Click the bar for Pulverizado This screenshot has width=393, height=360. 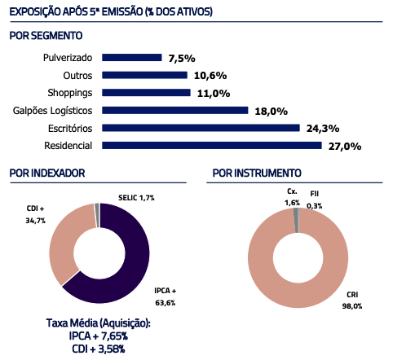click(x=132, y=58)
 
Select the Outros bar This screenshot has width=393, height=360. click(x=144, y=75)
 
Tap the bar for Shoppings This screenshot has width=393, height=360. click(x=146, y=93)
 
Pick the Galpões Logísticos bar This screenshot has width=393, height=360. click(x=175, y=110)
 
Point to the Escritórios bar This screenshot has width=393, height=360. click(x=201, y=128)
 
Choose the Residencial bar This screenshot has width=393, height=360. click(x=212, y=146)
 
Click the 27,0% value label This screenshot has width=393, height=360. click(x=345, y=147)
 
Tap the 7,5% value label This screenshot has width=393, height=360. click(x=182, y=59)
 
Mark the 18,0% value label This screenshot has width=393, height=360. click(x=272, y=112)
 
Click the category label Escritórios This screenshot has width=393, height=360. click(x=70, y=129)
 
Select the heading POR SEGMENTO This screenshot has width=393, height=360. click(x=46, y=36)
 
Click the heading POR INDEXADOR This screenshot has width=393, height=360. click(x=47, y=173)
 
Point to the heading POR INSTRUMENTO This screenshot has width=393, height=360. click(x=257, y=173)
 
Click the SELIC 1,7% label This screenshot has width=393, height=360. click(x=136, y=198)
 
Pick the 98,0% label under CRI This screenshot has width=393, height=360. click(x=352, y=306)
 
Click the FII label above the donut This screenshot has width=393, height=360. click(x=315, y=194)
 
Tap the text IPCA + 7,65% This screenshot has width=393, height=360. click(x=99, y=336)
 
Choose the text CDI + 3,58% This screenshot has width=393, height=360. click(x=99, y=349)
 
